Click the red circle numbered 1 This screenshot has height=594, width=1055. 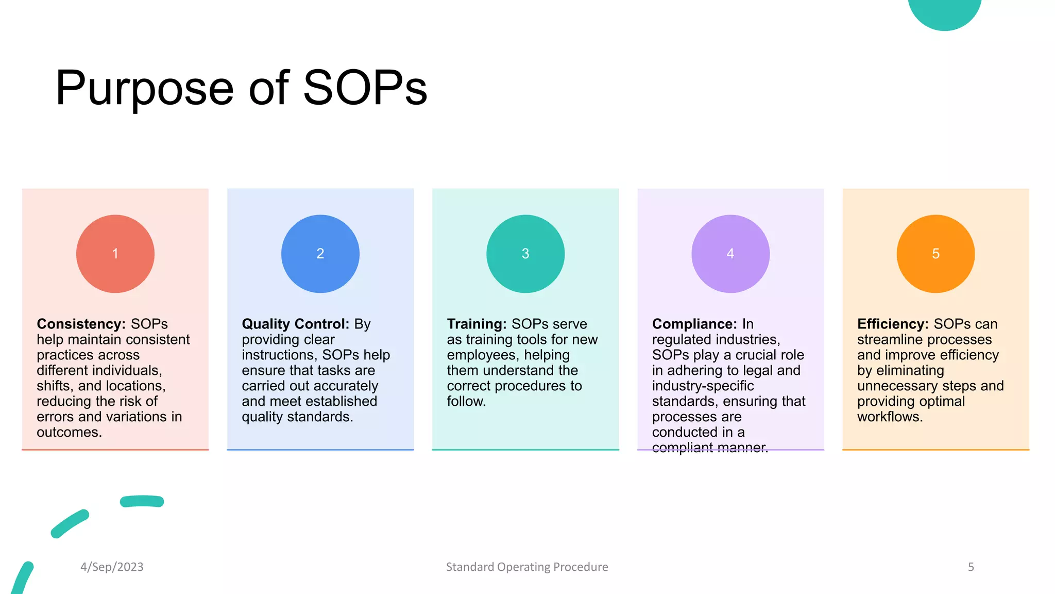pyautogui.click(x=115, y=254)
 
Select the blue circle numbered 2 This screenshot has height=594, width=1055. pyautogui.click(x=320, y=254)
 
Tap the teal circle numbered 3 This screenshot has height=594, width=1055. pyautogui.click(x=525, y=254)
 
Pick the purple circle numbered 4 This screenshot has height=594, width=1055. pyautogui.click(x=730, y=254)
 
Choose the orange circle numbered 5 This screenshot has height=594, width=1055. pyautogui.click(x=935, y=254)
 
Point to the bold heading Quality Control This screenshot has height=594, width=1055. pyautogui.click(x=295, y=324)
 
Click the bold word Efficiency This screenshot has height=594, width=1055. pyautogui.click(x=892, y=324)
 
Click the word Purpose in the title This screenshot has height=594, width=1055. pyautogui.click(x=145, y=89)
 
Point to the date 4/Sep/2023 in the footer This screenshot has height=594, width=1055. pyautogui.click(x=112, y=567)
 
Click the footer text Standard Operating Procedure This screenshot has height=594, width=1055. pyautogui.click(x=527, y=567)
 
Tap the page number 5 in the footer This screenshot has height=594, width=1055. pyautogui.click(x=971, y=567)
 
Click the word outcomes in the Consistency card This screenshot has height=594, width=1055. pyautogui.click(x=69, y=432)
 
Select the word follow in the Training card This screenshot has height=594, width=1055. pyautogui.click(x=466, y=401)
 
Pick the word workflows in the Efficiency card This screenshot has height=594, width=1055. pyautogui.click(x=890, y=417)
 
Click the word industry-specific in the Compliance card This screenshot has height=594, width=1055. pyautogui.click(x=703, y=386)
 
